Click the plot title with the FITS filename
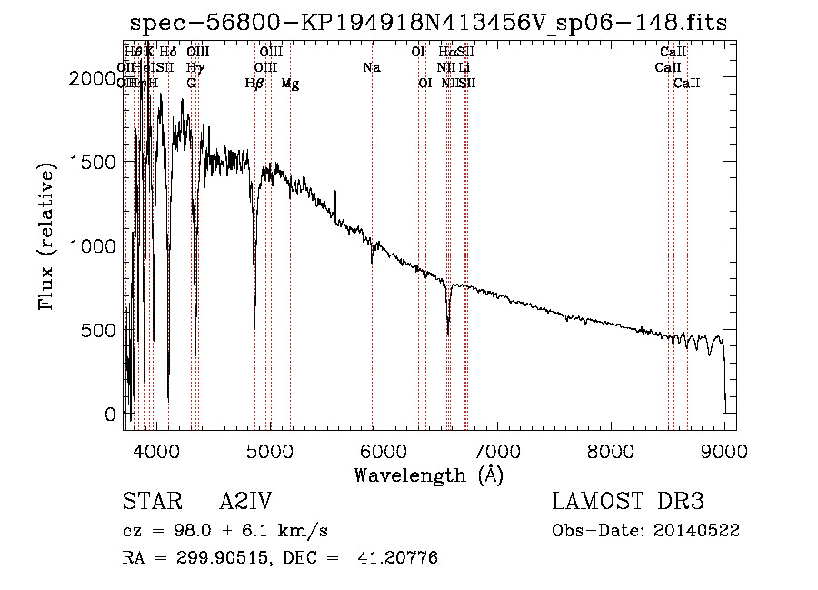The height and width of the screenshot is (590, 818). coord(428,23)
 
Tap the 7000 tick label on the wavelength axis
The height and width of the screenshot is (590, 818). coord(497,449)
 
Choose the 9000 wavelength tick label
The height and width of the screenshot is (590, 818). coord(724,449)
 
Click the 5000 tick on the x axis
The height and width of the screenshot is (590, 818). coord(269,449)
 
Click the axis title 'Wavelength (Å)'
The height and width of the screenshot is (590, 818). coord(428,475)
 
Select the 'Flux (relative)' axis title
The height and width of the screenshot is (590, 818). coord(47,236)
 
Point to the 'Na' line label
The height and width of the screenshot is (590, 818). coord(371,68)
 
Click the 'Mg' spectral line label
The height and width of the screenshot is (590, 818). coord(290,84)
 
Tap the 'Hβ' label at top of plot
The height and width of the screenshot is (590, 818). coord(254,84)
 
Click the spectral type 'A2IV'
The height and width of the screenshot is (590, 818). coord(245,502)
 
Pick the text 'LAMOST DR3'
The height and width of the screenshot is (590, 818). coord(628,502)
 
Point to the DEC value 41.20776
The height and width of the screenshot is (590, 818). coord(399,558)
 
